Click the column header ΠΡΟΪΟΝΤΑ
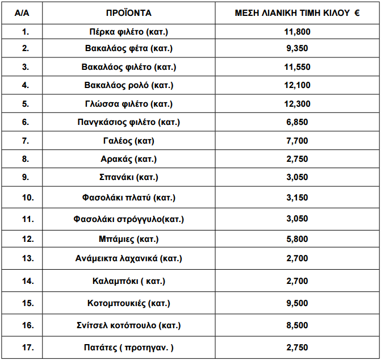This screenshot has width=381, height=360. coord(129,12)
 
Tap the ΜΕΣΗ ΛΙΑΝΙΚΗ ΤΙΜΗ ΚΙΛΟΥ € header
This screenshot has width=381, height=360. coord(297,12)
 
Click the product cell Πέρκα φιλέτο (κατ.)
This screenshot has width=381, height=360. coord(129,31)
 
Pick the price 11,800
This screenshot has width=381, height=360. coord(297,31)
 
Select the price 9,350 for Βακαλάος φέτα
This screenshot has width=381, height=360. coord(297,49)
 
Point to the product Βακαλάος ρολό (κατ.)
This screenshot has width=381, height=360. coord(129,85)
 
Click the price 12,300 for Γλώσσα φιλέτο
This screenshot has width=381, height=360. coord(297,104)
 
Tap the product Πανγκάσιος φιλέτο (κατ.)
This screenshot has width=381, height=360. coord(129,122)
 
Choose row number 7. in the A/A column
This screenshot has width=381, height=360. coord(25,140)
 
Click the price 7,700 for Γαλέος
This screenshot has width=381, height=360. coord(297,140)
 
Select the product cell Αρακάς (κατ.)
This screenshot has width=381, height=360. coord(129,159)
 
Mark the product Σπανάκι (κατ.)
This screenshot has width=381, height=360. coord(129,177)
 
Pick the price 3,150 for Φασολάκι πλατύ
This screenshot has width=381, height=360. coord(297,198)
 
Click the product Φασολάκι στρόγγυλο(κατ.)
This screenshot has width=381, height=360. coord(129,219)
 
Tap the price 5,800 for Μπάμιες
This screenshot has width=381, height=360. coord(297,239)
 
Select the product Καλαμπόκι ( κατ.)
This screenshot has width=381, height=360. coord(129,281)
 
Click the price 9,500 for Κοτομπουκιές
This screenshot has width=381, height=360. coord(297,303)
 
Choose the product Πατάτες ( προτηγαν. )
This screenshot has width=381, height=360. coord(129,347)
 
